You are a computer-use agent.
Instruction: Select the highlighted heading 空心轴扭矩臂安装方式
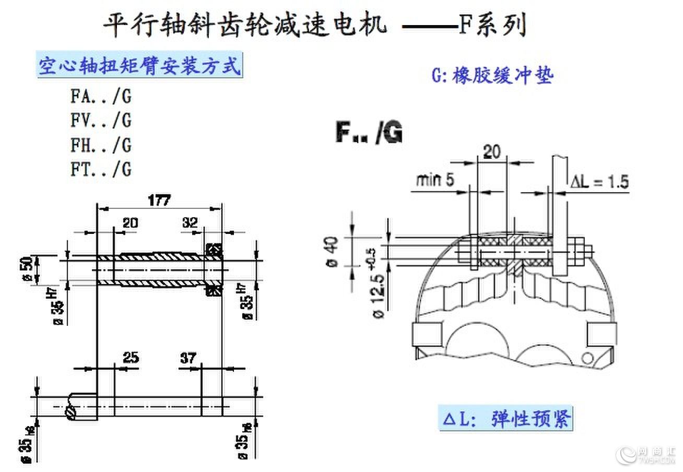[x=140, y=66]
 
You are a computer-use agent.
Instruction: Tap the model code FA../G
[x=101, y=97]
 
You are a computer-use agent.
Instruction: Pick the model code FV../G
[x=101, y=121]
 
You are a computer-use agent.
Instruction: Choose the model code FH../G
[x=101, y=145]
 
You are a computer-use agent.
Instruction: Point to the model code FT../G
[x=101, y=169]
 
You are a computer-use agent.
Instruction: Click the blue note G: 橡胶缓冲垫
[x=492, y=76]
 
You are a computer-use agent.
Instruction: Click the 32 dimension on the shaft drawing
[x=191, y=223]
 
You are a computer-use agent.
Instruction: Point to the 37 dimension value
[x=188, y=358]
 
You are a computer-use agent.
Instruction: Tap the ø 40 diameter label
[x=334, y=252]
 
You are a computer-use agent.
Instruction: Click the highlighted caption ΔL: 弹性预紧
[x=505, y=418]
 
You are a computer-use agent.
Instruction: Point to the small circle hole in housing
[x=588, y=357]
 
